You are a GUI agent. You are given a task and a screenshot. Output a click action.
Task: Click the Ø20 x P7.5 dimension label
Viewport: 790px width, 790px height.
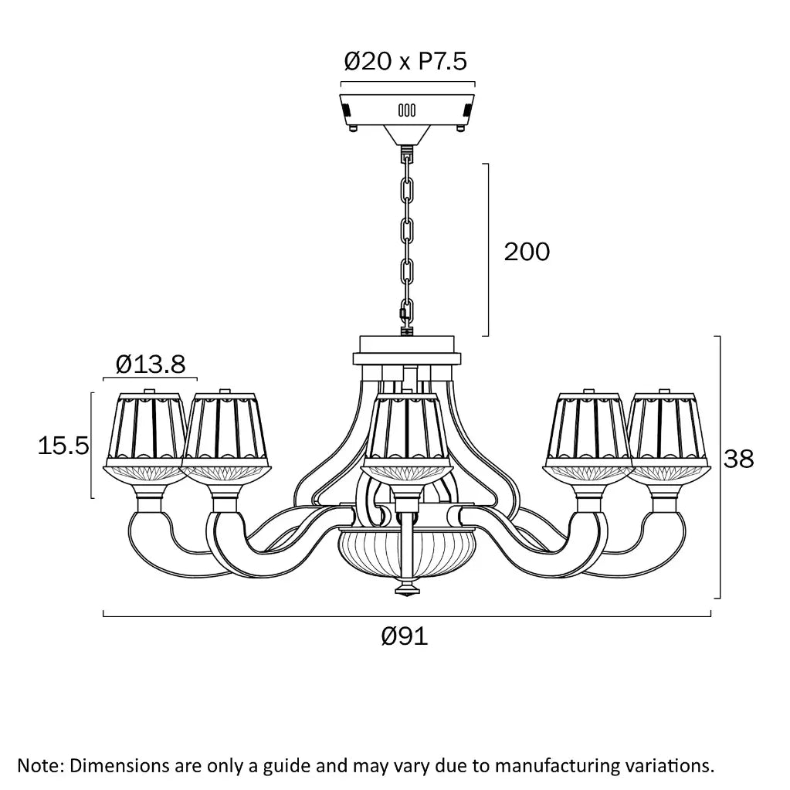[405, 62]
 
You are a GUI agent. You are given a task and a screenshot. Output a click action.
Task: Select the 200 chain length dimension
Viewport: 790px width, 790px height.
[527, 252]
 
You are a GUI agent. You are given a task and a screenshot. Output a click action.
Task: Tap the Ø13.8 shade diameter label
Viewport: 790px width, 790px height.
[151, 364]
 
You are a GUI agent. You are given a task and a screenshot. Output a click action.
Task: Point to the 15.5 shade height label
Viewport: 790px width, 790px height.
[63, 446]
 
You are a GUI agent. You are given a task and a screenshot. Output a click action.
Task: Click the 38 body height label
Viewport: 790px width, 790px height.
[738, 459]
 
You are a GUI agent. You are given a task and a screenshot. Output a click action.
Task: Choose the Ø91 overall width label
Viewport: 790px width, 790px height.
[405, 636]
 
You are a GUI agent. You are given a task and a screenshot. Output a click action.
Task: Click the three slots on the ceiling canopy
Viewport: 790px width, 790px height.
[407, 110]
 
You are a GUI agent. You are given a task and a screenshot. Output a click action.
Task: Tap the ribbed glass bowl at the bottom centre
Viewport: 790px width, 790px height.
[407, 548]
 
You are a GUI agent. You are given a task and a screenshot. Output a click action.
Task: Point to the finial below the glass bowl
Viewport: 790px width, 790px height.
[407, 588]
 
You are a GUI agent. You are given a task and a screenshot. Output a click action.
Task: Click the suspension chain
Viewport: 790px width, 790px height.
[407, 242]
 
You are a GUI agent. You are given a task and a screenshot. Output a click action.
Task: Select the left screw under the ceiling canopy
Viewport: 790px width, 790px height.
[354, 128]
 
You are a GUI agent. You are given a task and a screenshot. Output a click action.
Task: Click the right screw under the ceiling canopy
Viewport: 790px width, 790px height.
[459, 128]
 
